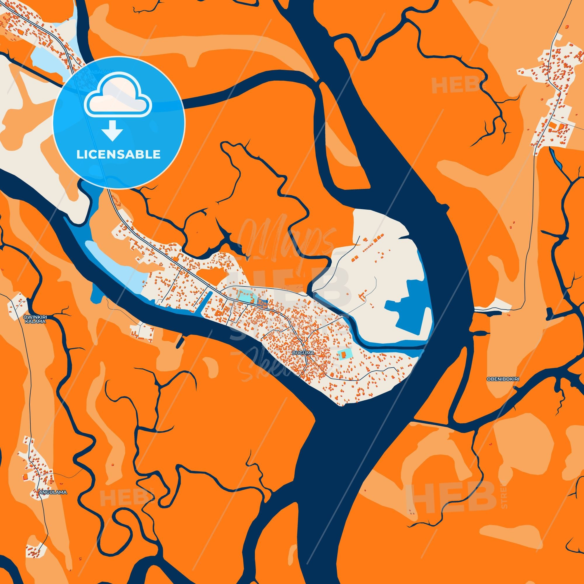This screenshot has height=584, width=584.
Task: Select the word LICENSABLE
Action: tap(118, 154)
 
